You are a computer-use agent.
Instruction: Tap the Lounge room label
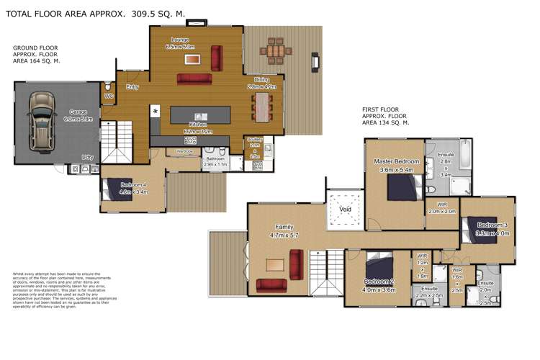180,40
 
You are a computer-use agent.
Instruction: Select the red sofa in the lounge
194,78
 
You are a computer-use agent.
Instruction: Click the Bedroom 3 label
493,225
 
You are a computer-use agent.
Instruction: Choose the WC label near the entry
109,96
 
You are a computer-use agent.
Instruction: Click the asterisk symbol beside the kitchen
156,111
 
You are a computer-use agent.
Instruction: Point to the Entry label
132,87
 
